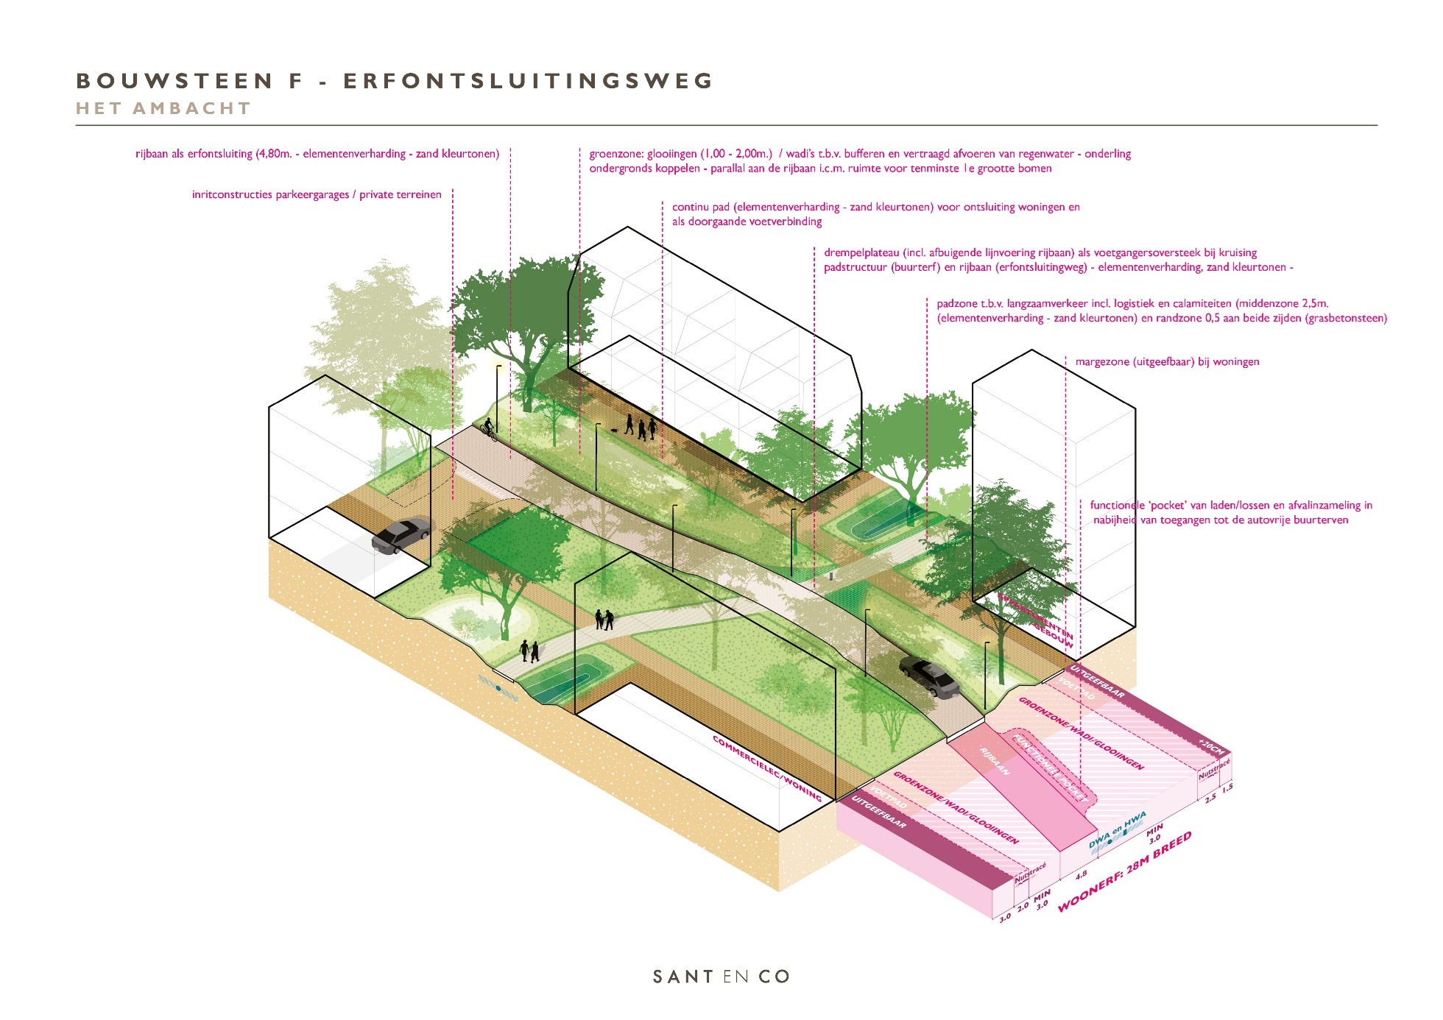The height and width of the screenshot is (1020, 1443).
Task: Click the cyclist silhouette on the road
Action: point(488,428)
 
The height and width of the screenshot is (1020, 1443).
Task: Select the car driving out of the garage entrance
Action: point(401,535)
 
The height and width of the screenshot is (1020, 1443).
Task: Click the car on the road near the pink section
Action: point(930,677)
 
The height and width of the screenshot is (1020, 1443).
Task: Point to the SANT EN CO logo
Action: point(721,977)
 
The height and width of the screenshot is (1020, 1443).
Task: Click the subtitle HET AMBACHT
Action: point(163,109)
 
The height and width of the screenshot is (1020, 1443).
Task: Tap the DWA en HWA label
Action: point(1118,831)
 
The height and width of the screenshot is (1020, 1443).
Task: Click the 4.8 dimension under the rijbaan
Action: point(1081,875)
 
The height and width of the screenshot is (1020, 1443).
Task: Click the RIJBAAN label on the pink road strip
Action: point(994,761)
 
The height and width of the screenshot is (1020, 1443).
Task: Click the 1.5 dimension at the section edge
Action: point(1227,788)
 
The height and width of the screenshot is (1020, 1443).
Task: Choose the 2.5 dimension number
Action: point(1210,798)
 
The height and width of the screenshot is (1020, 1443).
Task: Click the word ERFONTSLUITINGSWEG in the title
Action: point(529,81)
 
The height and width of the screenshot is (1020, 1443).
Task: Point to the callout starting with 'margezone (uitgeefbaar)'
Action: point(1167,362)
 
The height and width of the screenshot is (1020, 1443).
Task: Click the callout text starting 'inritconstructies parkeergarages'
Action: point(317,195)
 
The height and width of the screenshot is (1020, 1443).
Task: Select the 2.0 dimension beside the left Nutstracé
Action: point(1023,907)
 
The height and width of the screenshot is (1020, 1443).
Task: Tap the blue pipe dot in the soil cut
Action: point(498,688)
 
